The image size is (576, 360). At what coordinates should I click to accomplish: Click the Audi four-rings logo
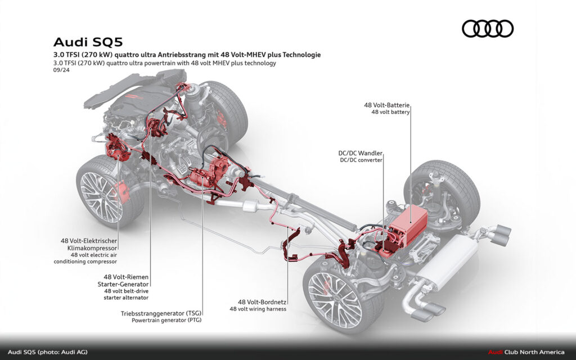(488, 29)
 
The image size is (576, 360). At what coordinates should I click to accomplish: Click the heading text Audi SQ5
(88, 42)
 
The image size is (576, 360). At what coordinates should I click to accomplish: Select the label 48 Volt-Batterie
(386, 105)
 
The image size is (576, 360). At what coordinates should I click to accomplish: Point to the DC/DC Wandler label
(360, 153)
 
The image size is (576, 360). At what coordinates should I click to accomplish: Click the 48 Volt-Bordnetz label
(262, 301)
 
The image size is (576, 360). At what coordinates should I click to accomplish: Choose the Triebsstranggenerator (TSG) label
(161, 313)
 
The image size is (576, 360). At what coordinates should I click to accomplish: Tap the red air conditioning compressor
(118, 152)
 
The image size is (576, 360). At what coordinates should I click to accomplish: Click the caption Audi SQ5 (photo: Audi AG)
(48, 352)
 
